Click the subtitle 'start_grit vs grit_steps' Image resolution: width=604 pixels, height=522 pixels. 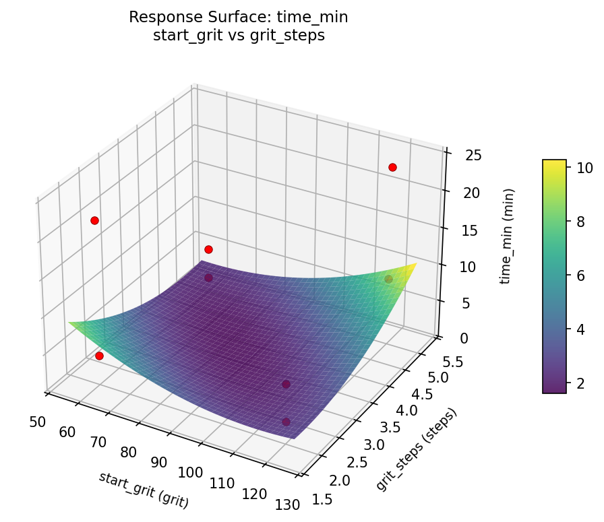click(239, 36)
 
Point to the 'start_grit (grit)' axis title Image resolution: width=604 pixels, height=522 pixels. click(144, 490)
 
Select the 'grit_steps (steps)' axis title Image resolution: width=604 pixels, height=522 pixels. click(416, 449)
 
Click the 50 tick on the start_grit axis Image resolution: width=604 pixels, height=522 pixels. click(38, 422)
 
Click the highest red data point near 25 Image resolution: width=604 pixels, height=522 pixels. click(392, 167)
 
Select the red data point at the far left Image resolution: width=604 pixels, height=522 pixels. click(94, 220)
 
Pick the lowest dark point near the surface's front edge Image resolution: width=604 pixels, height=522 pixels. click(286, 422)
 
